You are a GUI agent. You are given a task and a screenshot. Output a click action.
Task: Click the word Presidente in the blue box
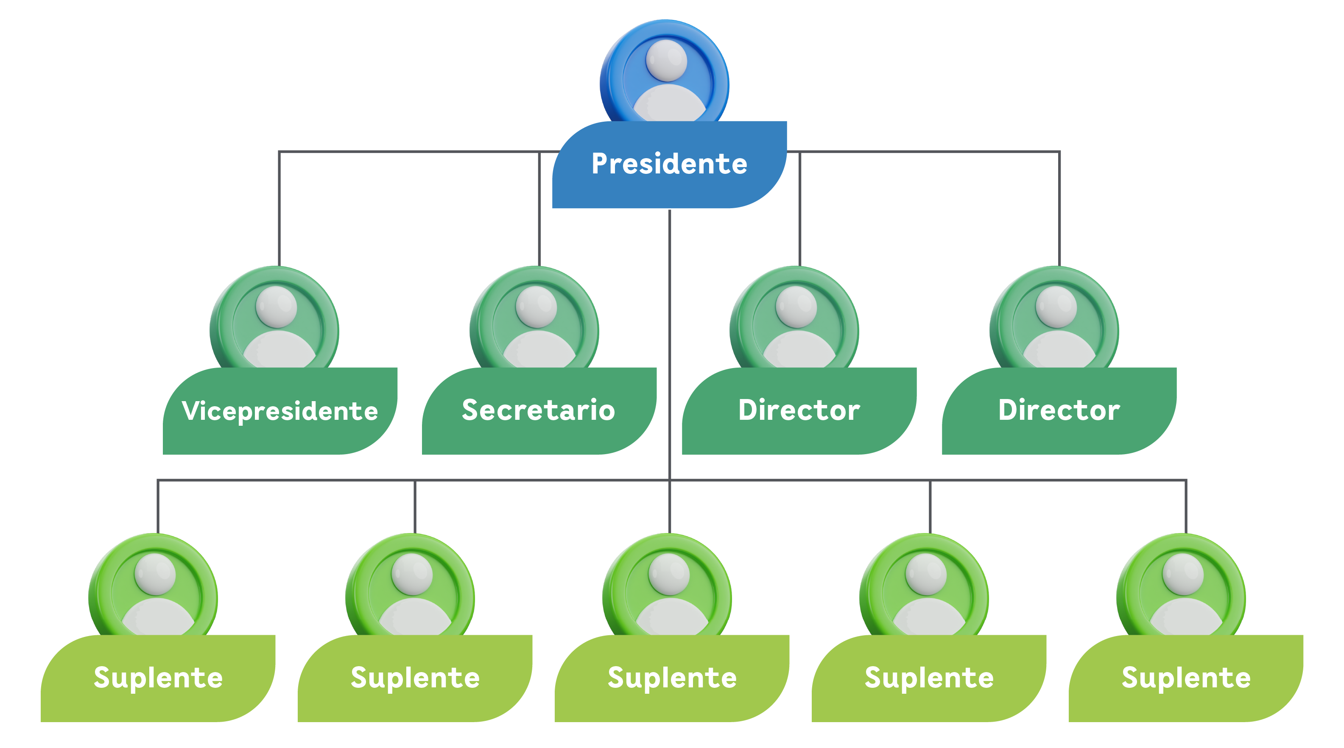click(x=669, y=164)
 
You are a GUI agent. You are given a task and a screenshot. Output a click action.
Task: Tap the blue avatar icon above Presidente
click(x=665, y=73)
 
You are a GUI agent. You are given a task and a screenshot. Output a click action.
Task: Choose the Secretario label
click(x=539, y=410)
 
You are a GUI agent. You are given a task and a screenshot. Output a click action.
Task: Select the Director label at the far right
click(x=1059, y=410)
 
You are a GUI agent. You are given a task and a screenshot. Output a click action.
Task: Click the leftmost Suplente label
click(x=158, y=678)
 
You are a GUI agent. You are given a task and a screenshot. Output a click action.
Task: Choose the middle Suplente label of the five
click(x=672, y=678)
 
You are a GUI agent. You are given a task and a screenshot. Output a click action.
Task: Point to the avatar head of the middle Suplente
click(x=669, y=574)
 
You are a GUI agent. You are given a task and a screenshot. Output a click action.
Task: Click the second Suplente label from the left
click(x=415, y=678)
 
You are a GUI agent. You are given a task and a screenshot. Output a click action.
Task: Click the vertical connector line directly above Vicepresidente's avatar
click(x=279, y=209)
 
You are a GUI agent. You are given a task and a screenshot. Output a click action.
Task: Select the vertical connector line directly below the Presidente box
click(x=669, y=339)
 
